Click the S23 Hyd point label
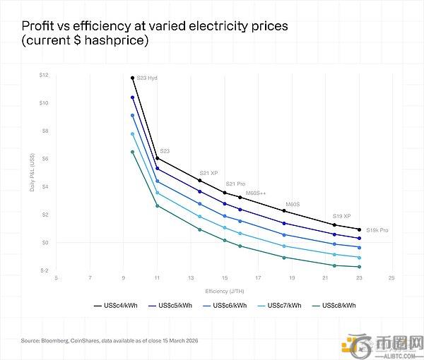pos(147,78)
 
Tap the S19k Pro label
pos(377,230)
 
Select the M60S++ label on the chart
pos(257,193)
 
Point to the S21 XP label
pos(208,173)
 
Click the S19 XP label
pos(341,216)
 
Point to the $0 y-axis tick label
pos(45,242)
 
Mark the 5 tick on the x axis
pos(57,278)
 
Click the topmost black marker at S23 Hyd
pos(132,78)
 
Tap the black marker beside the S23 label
pos(157,158)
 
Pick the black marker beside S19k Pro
pos(359,229)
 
